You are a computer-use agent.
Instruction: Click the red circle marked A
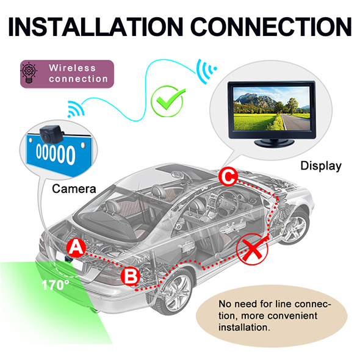(x=76, y=248)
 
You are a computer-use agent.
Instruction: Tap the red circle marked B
(x=130, y=276)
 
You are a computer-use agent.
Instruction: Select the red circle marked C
(x=228, y=177)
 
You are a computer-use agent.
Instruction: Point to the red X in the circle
(x=252, y=249)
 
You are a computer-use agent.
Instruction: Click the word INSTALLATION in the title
(x=96, y=27)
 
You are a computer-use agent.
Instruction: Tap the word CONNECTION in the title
(x=271, y=27)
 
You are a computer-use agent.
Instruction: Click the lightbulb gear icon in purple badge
(x=29, y=73)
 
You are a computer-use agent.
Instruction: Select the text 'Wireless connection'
(x=78, y=73)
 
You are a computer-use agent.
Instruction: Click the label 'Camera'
(x=74, y=189)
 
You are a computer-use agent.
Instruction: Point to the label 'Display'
(x=321, y=166)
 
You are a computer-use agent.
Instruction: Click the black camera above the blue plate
(x=51, y=134)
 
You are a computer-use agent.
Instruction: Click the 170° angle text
(x=56, y=285)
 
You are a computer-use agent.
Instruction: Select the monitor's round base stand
(x=274, y=143)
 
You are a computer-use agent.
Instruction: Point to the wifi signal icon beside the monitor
(x=206, y=71)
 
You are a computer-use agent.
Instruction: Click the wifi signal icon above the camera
(x=76, y=109)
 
